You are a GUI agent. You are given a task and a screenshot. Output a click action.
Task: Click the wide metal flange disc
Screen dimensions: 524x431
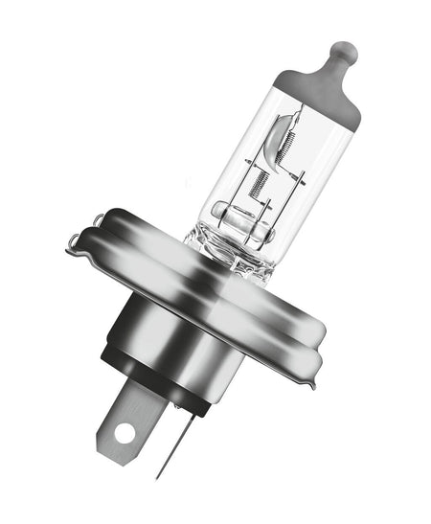(x=192, y=278)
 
